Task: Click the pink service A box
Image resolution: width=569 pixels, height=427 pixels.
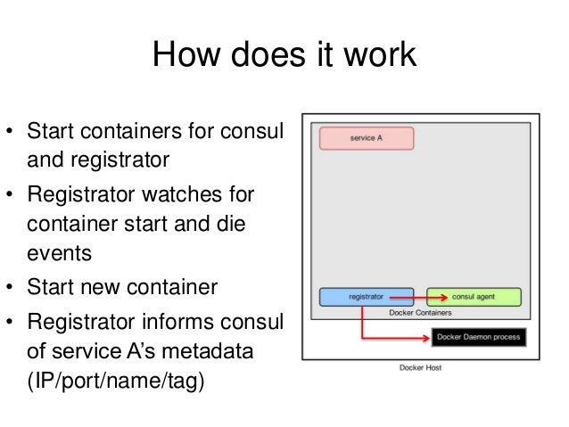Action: [x=362, y=138]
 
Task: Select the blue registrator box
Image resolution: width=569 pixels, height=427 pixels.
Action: [x=367, y=297]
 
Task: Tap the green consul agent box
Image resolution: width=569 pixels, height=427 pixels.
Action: [x=474, y=297]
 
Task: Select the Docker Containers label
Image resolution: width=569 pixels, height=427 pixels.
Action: [x=420, y=314]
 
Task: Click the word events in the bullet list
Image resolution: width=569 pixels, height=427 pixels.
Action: [x=59, y=253]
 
